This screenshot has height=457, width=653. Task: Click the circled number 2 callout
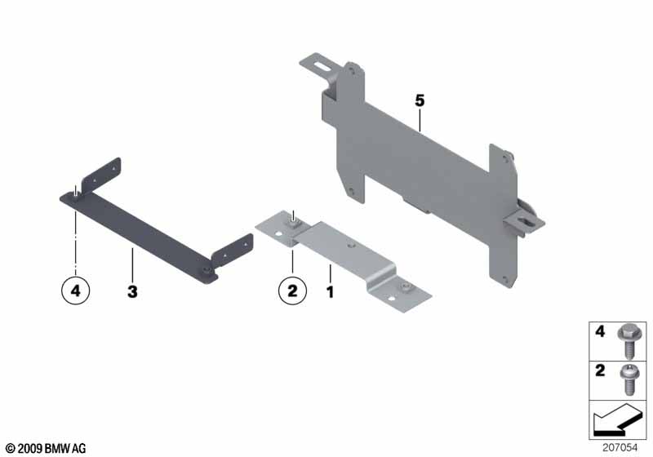tap(292, 290)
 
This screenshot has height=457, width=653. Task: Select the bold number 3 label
tap(132, 292)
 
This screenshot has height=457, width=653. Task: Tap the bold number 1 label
tap(331, 292)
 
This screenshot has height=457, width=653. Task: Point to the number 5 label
tap(420, 100)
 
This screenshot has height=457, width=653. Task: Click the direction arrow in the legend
tap(615, 421)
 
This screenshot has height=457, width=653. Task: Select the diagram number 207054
tap(620, 448)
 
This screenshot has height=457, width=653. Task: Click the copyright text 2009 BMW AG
tap(46, 449)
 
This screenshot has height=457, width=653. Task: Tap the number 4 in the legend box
tap(600, 331)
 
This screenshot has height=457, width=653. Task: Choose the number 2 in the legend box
tap(600, 370)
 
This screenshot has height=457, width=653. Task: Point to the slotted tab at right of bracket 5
tap(525, 224)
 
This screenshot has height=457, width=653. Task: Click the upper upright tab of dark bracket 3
tap(101, 175)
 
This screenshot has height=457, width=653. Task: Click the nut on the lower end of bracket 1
tap(404, 287)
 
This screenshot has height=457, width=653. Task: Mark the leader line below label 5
tap(420, 120)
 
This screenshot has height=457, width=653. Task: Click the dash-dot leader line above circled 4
tap(75, 242)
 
